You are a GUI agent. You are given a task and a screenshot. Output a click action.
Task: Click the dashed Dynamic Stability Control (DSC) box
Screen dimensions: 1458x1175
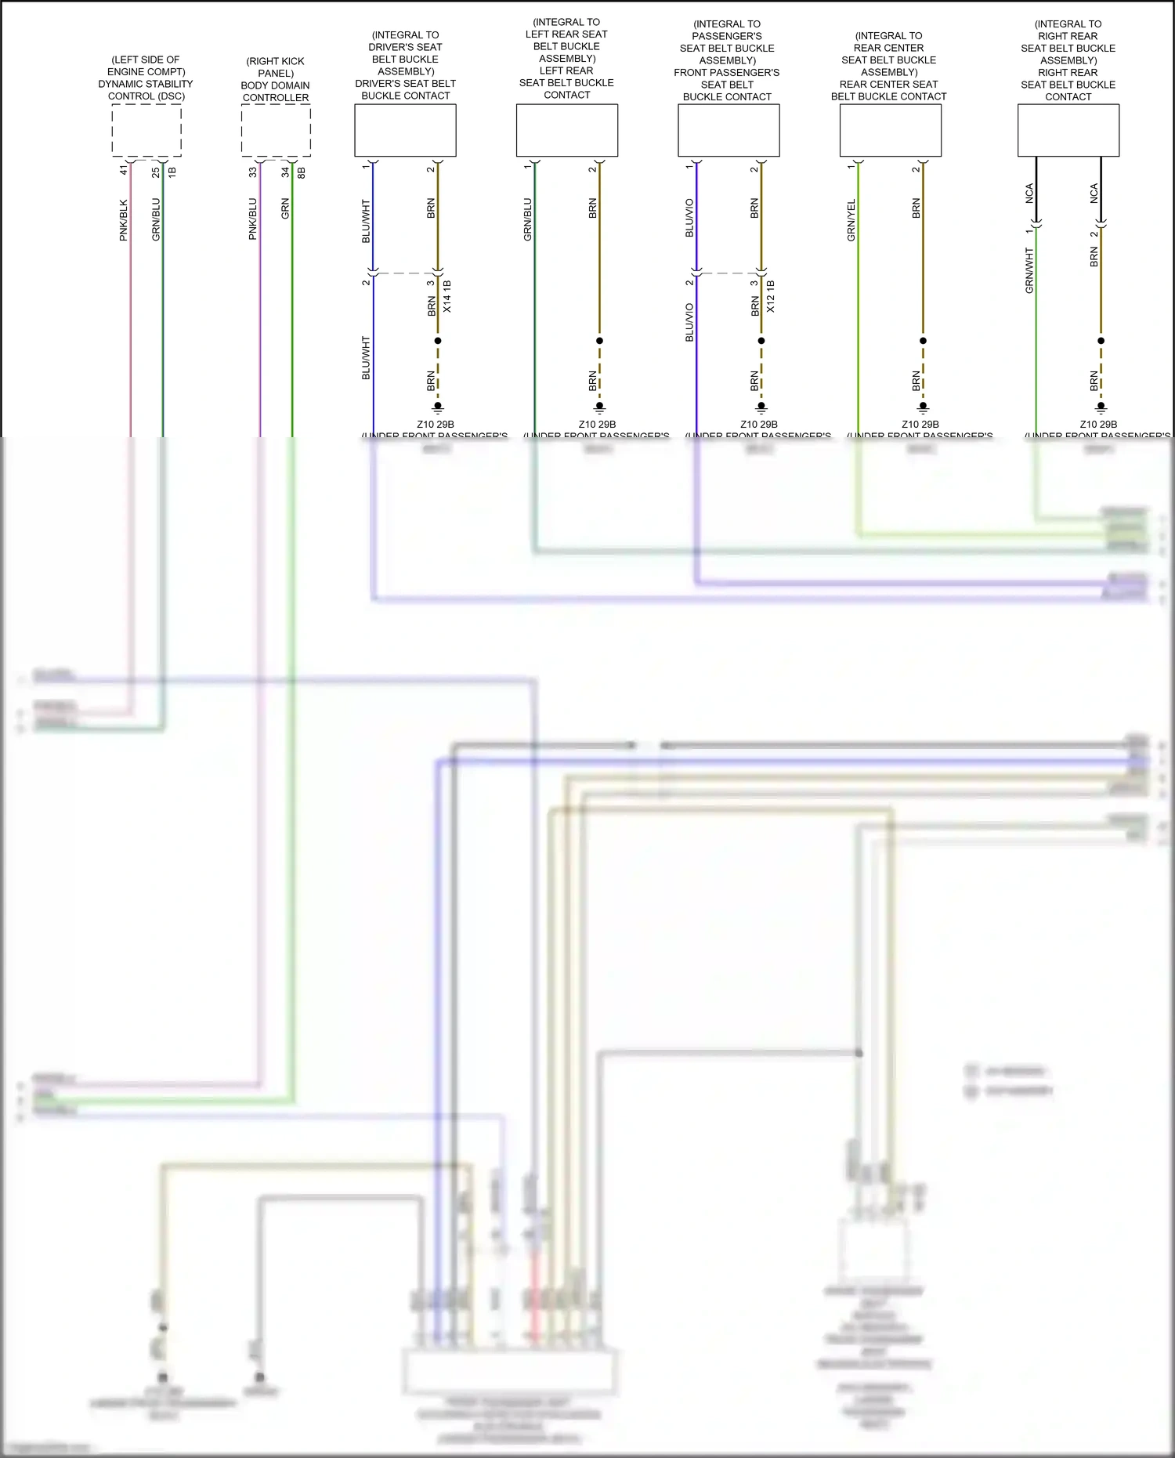coord(146,131)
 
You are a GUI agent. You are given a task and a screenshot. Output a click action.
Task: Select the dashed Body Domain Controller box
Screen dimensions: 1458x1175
coord(276,131)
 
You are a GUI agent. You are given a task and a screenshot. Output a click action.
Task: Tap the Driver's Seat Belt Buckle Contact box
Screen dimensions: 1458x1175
coord(405,131)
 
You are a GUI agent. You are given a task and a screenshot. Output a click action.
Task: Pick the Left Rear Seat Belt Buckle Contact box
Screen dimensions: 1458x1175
coord(567,131)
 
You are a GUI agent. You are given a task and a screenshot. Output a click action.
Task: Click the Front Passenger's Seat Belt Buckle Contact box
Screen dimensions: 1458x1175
coord(728,131)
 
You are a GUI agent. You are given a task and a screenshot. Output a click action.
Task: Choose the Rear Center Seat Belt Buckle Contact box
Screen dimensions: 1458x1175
coord(891,131)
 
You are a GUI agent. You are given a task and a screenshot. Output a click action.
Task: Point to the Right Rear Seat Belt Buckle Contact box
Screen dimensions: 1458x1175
coord(1068,131)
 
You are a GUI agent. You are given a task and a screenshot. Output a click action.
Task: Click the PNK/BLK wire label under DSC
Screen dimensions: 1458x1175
coord(124,220)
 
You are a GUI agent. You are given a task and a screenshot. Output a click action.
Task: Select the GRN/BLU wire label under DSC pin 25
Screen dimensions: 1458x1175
coord(156,219)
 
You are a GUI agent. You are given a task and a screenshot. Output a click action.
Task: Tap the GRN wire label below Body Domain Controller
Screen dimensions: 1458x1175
coord(285,208)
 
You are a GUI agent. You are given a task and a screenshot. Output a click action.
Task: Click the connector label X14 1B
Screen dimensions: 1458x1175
coord(447,297)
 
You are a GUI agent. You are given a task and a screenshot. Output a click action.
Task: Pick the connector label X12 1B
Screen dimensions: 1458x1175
coord(771,297)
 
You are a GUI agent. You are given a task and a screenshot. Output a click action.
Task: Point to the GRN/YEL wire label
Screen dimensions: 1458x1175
coord(851,220)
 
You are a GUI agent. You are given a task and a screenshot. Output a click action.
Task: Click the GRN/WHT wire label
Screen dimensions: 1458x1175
coord(1029,271)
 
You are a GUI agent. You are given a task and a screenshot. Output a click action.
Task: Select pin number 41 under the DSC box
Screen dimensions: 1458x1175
coord(124,170)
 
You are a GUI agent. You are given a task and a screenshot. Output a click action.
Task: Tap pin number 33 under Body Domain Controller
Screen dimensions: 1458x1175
coord(253,172)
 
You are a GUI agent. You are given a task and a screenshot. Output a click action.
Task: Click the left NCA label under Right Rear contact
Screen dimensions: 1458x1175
coord(1029,194)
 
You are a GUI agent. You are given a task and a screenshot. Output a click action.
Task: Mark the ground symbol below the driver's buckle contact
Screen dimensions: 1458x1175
coord(438,408)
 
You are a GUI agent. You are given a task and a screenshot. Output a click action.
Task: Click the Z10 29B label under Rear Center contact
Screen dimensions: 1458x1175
coord(920,425)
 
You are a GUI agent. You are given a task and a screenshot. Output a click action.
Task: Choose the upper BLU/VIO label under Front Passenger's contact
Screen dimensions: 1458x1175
coord(689,218)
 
